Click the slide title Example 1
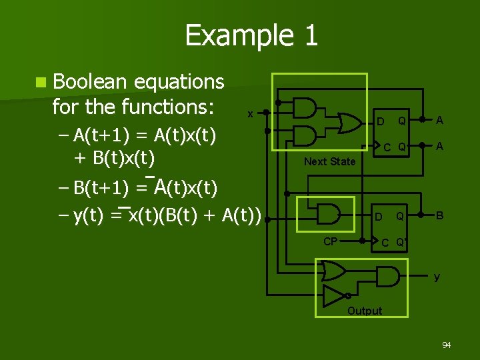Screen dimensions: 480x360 [251, 35]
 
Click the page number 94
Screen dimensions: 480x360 [446, 345]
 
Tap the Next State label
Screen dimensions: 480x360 [329, 161]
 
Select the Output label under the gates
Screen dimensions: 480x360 [365, 311]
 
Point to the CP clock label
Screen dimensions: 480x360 [330, 241]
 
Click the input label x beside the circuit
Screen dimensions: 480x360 [250, 114]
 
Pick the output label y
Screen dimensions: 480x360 [437, 277]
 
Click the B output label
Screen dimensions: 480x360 [440, 215]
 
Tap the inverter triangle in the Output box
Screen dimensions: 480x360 [333, 295]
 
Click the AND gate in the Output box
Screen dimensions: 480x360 [390, 273]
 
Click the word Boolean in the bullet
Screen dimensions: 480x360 [89, 81]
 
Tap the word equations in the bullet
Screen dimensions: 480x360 [179, 83]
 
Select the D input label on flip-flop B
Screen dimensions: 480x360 [378, 217]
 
